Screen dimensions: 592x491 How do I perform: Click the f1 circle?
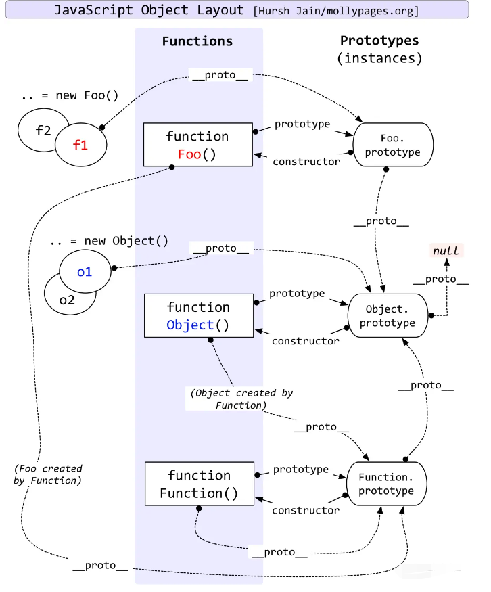pos(80,143)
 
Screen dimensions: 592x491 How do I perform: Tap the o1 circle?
pos(85,272)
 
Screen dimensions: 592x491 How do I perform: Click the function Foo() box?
pos(197,145)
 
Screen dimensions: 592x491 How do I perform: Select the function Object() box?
pos(199,316)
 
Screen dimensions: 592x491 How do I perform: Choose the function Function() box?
pos(200,484)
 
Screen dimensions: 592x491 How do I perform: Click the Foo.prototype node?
pos(392,144)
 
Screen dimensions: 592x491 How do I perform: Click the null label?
pos(446,251)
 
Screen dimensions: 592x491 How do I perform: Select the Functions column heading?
pos(197,41)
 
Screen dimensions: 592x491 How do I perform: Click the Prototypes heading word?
pos(379,41)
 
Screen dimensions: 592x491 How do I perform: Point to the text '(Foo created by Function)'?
pos(47,474)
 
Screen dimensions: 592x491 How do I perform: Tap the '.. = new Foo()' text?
pos(70,95)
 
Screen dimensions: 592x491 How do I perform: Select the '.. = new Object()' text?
pos(110,241)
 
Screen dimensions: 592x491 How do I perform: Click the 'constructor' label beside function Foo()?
pos(306,162)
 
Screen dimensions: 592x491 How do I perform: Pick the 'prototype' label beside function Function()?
pos(301,469)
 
